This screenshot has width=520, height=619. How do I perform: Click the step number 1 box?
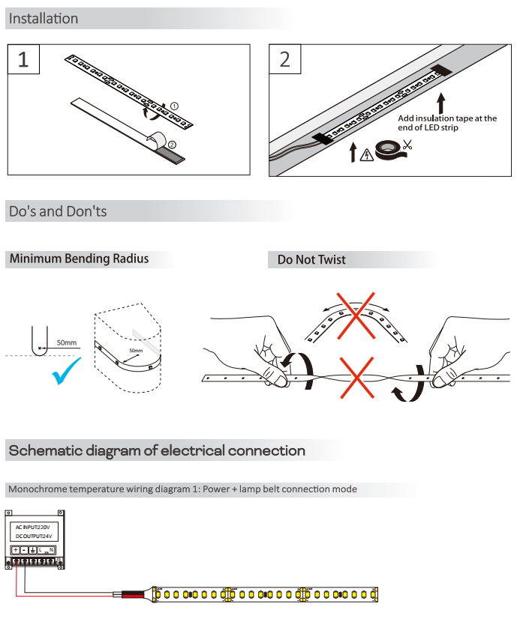pyautogui.click(x=23, y=60)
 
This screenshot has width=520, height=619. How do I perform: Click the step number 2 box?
pyautogui.click(x=284, y=60)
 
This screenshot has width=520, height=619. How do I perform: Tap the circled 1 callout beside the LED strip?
pyautogui.click(x=174, y=106)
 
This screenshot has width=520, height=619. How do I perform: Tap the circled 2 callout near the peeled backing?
pyautogui.click(x=172, y=144)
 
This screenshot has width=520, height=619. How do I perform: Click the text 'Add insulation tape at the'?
pyautogui.click(x=447, y=118)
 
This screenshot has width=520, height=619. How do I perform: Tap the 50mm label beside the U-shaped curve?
pyautogui.click(x=66, y=343)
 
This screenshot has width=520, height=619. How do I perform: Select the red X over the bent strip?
pyautogui.click(x=355, y=314)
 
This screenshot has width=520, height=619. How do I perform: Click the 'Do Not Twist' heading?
pyautogui.click(x=311, y=259)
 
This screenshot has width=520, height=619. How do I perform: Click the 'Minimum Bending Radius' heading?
pyautogui.click(x=79, y=259)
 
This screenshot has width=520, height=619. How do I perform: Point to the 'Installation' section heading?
pyautogui.click(x=44, y=19)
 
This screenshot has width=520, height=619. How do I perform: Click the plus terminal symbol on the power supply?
pyautogui.click(x=15, y=551)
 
